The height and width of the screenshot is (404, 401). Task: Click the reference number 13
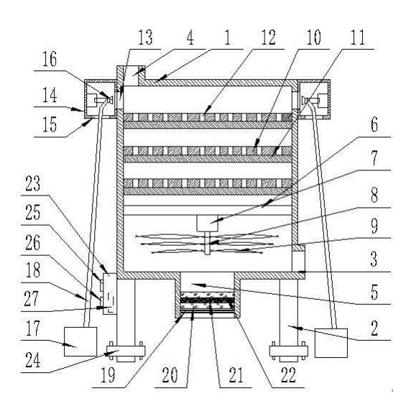[x=145, y=37]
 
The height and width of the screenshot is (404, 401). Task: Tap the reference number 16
[x=50, y=59]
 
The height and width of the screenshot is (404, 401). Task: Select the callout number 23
[x=33, y=183]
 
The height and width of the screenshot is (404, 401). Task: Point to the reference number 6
[x=374, y=124]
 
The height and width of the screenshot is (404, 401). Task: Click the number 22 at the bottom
[x=288, y=375]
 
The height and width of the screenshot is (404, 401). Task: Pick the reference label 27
[x=31, y=298]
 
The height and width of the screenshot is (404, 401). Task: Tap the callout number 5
[x=374, y=292]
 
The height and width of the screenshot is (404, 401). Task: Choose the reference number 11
[x=358, y=37]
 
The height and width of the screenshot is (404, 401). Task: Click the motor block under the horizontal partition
[x=207, y=223]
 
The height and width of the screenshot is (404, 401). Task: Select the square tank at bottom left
[x=80, y=341]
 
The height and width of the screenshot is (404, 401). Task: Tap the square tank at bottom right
[x=331, y=343]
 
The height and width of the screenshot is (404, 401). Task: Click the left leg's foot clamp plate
[x=126, y=350]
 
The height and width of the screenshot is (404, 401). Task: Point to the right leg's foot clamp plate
[x=289, y=350]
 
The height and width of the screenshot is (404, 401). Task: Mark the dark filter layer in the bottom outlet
[x=207, y=300]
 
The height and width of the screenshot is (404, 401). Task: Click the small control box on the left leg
[x=110, y=293]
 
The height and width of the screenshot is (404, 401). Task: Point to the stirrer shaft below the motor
[x=207, y=243]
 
